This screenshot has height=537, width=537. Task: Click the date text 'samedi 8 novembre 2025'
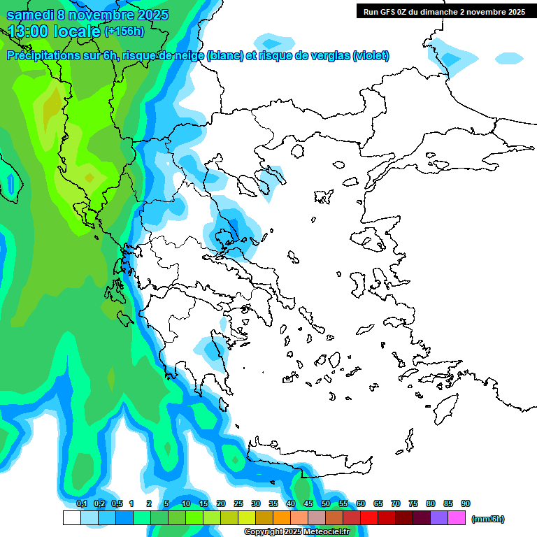87,15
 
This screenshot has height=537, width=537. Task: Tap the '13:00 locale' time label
54,31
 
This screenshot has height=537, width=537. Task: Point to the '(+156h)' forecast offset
124,31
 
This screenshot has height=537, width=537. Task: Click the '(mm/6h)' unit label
487,519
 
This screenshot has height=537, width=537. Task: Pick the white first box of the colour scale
71,518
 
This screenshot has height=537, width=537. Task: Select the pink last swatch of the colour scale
457,518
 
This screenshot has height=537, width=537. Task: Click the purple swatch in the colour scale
440,518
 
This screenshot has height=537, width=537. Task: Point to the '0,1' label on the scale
81,503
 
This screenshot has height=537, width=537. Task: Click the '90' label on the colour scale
466,503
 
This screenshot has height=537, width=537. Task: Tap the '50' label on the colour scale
326,503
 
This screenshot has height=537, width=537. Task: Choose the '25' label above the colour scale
238,503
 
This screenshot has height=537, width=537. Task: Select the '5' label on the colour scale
166,503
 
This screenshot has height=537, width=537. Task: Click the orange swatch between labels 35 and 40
282,518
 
